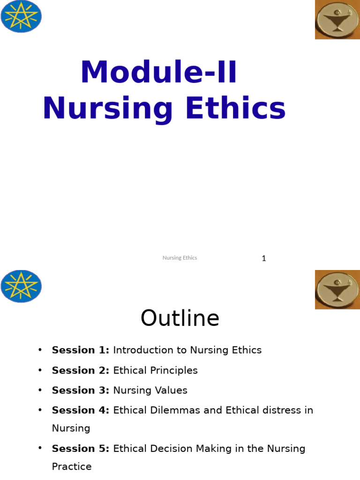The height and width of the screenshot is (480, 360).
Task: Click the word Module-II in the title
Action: click(x=159, y=73)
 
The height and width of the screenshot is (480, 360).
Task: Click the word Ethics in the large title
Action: click(x=236, y=109)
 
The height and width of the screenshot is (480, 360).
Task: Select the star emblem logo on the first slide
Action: click(x=21, y=16)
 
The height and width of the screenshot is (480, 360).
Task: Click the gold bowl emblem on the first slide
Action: click(x=337, y=20)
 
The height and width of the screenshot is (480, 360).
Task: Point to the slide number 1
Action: click(x=264, y=258)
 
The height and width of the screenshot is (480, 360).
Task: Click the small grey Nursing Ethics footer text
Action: click(x=180, y=258)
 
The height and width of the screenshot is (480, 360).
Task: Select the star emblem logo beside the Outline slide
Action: click(x=21, y=286)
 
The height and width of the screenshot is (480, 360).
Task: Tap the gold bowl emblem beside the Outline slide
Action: click(x=337, y=289)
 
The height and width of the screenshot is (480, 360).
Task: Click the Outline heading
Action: click(x=180, y=318)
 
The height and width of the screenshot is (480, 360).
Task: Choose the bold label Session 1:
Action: click(x=81, y=350)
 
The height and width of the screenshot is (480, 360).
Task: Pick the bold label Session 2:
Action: click(x=81, y=370)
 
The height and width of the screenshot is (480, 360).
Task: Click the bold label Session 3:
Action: click(x=81, y=390)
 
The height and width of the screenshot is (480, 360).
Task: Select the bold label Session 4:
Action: click(x=81, y=410)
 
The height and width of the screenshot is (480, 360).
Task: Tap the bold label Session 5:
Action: click(x=81, y=449)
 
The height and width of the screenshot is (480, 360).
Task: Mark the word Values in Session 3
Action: click(x=172, y=390)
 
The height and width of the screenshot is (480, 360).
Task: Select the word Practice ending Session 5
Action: click(x=72, y=466)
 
